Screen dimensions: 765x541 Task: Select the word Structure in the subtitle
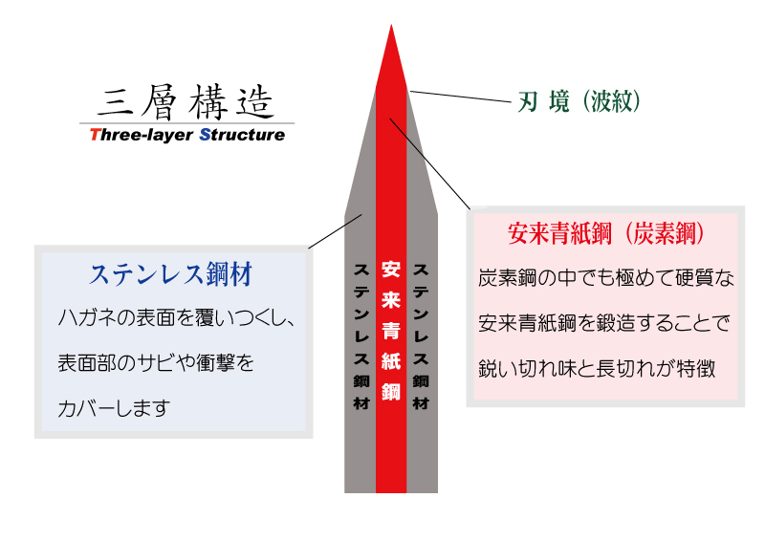[x=242, y=135]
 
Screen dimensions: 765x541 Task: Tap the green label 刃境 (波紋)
[x=579, y=101]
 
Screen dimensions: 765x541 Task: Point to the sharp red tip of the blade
[x=391, y=26]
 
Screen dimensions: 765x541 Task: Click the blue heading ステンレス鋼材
[x=171, y=274]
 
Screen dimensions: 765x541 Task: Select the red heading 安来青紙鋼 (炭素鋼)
[x=606, y=233]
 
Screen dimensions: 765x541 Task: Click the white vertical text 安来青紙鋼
[x=391, y=331]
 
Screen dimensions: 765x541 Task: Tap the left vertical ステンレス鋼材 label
[x=361, y=336]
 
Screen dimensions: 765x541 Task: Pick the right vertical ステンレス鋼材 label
[x=421, y=336]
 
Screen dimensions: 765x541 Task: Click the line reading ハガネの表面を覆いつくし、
[x=176, y=317]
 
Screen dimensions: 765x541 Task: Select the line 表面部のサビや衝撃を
[x=156, y=363]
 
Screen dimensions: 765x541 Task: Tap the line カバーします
[x=114, y=408]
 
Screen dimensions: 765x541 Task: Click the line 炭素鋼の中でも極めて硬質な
[x=606, y=278]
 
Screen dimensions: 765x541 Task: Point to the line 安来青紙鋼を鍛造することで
[x=604, y=323]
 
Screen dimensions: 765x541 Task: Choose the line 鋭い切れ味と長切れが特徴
[x=597, y=368]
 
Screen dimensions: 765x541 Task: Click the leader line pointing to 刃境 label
[x=460, y=97]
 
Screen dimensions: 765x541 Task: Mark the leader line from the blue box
[x=336, y=231]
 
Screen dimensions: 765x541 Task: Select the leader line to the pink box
[x=429, y=163]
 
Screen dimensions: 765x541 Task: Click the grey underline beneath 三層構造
[x=186, y=123]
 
